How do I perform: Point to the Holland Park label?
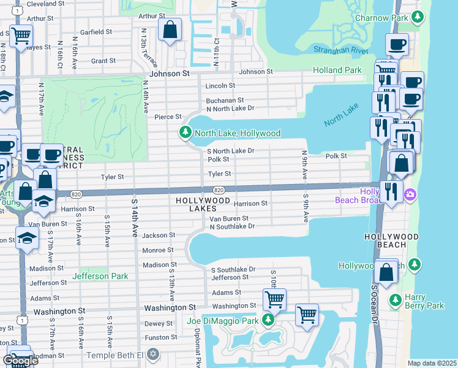pos(337,70)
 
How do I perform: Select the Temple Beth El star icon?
pos(153,355)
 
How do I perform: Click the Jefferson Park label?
pos(100,276)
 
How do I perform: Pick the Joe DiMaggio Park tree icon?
pos(268,320)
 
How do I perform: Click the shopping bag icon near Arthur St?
pos(170,29)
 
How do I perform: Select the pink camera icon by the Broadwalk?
pos(410,195)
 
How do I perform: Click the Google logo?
pos(20,360)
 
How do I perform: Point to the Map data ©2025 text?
pos(432,363)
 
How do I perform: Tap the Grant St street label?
pos(103,61)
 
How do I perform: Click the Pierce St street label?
pos(168,117)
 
